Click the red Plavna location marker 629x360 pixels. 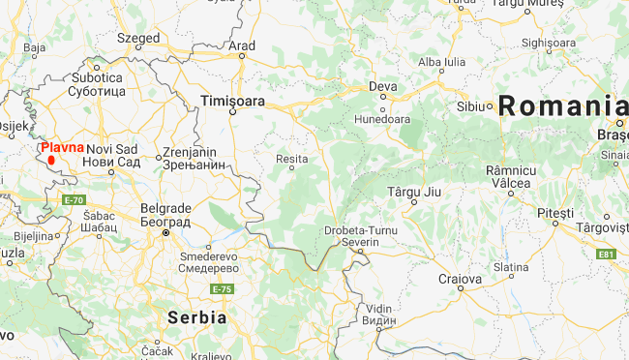pos(51,160)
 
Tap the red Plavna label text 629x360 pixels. pos(63,147)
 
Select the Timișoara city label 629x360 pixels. pos(231,101)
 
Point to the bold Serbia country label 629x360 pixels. pos(196,317)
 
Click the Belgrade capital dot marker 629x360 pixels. pos(165,233)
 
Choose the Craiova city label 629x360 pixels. pos(460,278)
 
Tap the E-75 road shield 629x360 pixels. pos(223,288)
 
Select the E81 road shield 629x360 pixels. pos(607,254)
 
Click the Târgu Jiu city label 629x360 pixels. pos(414,192)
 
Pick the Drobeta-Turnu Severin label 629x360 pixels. pos(359,235)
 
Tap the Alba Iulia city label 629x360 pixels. pos(441,63)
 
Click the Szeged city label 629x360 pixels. pos(138,38)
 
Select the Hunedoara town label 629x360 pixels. pos(384,119)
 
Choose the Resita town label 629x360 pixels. pos(291,157)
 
